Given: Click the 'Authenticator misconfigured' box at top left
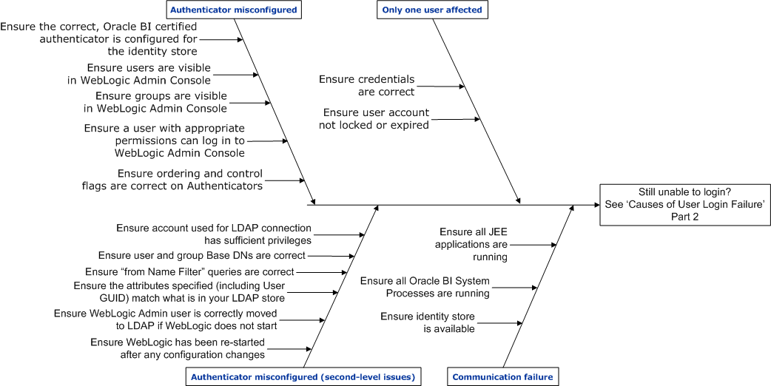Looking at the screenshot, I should click(233, 10).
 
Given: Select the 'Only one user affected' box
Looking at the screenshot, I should click(433, 10).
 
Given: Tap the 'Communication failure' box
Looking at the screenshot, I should click(502, 376).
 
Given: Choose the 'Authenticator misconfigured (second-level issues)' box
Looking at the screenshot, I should click(303, 376).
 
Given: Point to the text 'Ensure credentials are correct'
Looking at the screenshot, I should click(366, 85).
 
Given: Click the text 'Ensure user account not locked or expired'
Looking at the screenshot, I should click(376, 118).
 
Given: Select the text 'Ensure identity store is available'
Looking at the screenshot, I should click(428, 322).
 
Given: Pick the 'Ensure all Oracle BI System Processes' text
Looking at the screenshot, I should click(425, 287).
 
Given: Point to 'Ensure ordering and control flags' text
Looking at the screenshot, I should click(172, 180).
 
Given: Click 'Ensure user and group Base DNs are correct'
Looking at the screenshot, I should click(201, 255).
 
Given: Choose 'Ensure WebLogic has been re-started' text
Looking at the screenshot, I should click(178, 348).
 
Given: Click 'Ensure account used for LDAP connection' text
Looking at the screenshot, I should click(214, 234).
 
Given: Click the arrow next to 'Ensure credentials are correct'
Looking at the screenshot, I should click(441, 87).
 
